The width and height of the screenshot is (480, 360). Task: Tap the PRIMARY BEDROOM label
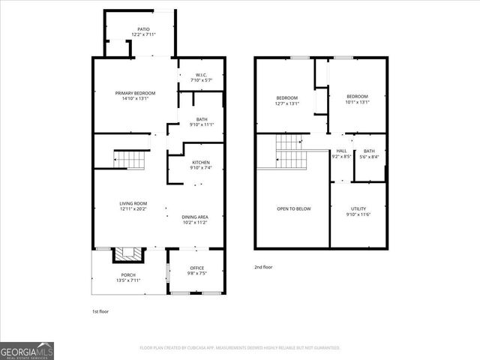click(135, 93)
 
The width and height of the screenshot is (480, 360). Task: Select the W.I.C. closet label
click(201, 74)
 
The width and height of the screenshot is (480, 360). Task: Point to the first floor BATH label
click(202, 119)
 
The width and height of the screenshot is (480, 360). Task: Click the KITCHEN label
click(200, 163)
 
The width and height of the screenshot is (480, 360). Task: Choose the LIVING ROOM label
click(133, 203)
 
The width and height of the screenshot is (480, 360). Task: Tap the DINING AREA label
click(194, 217)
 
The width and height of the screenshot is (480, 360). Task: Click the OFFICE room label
click(196, 268)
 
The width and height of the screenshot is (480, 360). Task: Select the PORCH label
click(128, 275)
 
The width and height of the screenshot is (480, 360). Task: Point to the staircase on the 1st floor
click(127, 158)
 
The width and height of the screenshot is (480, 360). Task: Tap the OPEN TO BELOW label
click(293, 208)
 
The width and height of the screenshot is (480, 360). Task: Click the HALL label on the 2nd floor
click(341, 151)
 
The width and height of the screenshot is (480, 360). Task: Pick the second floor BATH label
click(369, 151)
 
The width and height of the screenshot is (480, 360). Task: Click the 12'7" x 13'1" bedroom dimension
click(287, 104)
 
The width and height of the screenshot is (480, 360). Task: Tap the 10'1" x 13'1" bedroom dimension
click(357, 103)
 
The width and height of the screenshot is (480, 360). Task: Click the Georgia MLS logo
click(27, 350)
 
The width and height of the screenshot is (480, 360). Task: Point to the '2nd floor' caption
click(263, 266)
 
